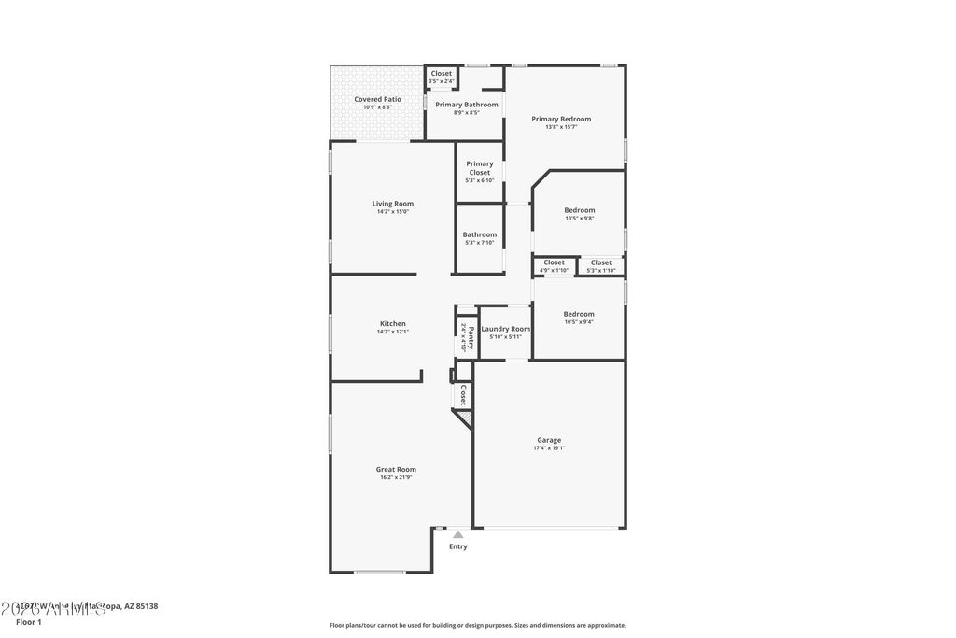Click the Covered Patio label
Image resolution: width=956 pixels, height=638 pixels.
point(377,99)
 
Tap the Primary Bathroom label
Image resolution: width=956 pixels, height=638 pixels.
point(466,105)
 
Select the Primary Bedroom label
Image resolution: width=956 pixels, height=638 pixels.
point(561,119)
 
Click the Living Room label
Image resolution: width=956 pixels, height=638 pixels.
point(392,204)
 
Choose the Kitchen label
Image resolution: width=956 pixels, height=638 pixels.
point(392,324)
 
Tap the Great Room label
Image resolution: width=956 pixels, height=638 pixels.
point(396,470)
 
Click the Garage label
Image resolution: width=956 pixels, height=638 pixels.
point(549,440)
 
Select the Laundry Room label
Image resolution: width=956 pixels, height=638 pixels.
point(505,329)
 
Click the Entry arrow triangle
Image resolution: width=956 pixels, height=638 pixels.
point(457,534)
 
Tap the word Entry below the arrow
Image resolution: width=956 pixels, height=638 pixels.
point(457,546)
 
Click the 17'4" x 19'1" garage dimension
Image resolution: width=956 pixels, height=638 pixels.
point(549,448)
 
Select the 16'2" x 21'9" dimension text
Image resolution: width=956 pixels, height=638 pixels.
point(396,477)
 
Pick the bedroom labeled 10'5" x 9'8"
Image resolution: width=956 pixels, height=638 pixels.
point(579,210)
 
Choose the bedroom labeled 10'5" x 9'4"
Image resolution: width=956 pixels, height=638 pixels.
point(579,314)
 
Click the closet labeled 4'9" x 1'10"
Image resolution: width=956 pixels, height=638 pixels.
point(554,262)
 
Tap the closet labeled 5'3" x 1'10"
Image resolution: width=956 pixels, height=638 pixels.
point(601,262)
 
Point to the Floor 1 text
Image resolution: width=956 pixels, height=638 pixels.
point(29,621)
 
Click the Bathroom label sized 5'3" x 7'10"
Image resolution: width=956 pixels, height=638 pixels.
point(480,234)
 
